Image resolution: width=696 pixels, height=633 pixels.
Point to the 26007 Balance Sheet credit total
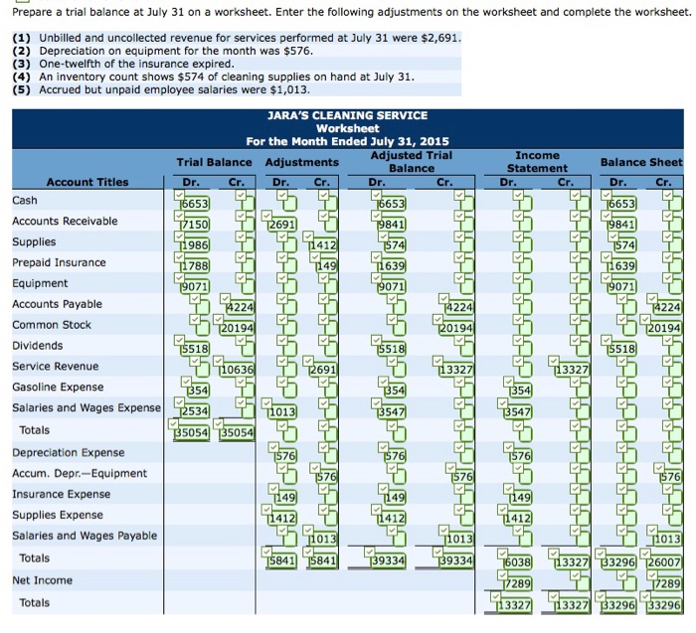click(x=664, y=561)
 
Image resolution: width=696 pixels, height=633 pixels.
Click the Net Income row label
click(x=42, y=580)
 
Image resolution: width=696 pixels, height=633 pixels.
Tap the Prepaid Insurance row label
click(x=59, y=262)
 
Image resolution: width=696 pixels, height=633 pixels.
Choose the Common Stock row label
click(x=51, y=325)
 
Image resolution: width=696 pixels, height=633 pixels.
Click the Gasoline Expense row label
click(x=58, y=388)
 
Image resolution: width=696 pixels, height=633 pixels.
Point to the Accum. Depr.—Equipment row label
click(x=80, y=473)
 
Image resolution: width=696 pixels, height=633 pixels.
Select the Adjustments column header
click(x=302, y=162)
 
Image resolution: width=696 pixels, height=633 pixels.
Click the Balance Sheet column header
click(x=641, y=162)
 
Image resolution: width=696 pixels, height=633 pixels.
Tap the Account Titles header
click(x=87, y=182)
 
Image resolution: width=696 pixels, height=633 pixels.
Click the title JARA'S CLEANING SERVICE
click(x=347, y=116)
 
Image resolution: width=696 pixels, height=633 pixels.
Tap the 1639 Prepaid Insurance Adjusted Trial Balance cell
click(x=392, y=265)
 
